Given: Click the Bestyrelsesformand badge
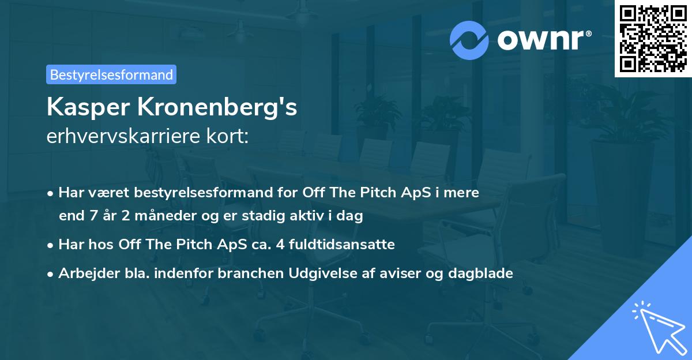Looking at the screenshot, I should point(111,74).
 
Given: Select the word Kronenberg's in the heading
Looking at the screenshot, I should point(216,107).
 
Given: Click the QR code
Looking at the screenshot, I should point(653,39).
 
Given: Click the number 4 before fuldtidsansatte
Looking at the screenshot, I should point(280,245).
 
